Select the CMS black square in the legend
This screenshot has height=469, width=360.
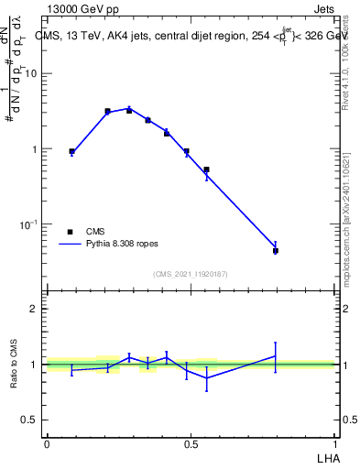[x=70, y=232]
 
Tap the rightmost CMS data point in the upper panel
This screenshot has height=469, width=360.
[x=275, y=250]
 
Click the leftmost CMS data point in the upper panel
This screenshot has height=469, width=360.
[x=71, y=151]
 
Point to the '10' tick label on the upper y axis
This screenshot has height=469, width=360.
[x=34, y=74]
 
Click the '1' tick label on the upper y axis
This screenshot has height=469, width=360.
[x=37, y=149]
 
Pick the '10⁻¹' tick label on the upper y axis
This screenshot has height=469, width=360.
[x=32, y=224]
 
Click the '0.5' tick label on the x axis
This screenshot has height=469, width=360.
[x=191, y=444]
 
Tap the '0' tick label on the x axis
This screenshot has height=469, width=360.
[x=46, y=444]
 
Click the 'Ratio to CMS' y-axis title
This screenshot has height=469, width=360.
[x=14, y=365]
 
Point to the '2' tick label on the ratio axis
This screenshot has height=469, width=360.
[x=37, y=309]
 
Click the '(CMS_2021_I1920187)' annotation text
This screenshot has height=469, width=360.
[x=191, y=274]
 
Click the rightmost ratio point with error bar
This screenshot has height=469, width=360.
[x=275, y=355]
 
